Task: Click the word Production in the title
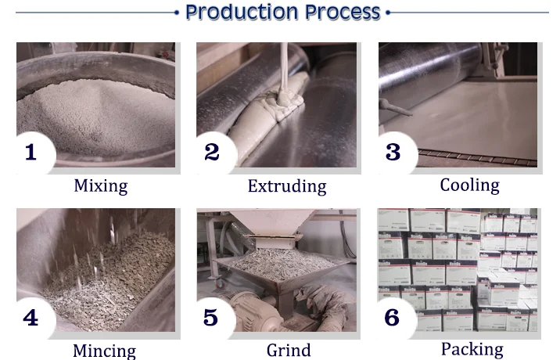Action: (x=242, y=13)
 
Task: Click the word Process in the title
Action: (x=343, y=13)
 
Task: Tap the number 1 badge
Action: (x=35, y=153)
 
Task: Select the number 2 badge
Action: (x=216, y=153)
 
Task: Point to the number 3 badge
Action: (x=397, y=153)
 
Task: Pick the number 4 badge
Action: (x=35, y=318)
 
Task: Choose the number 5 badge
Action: (x=215, y=318)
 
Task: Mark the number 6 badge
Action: (x=397, y=318)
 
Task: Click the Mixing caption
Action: (x=101, y=186)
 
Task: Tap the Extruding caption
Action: (x=287, y=186)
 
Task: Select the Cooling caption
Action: (x=469, y=185)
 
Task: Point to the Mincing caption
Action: (x=104, y=351)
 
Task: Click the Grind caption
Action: (x=289, y=351)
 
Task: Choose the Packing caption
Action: (x=472, y=350)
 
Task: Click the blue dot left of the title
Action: (x=177, y=13)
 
